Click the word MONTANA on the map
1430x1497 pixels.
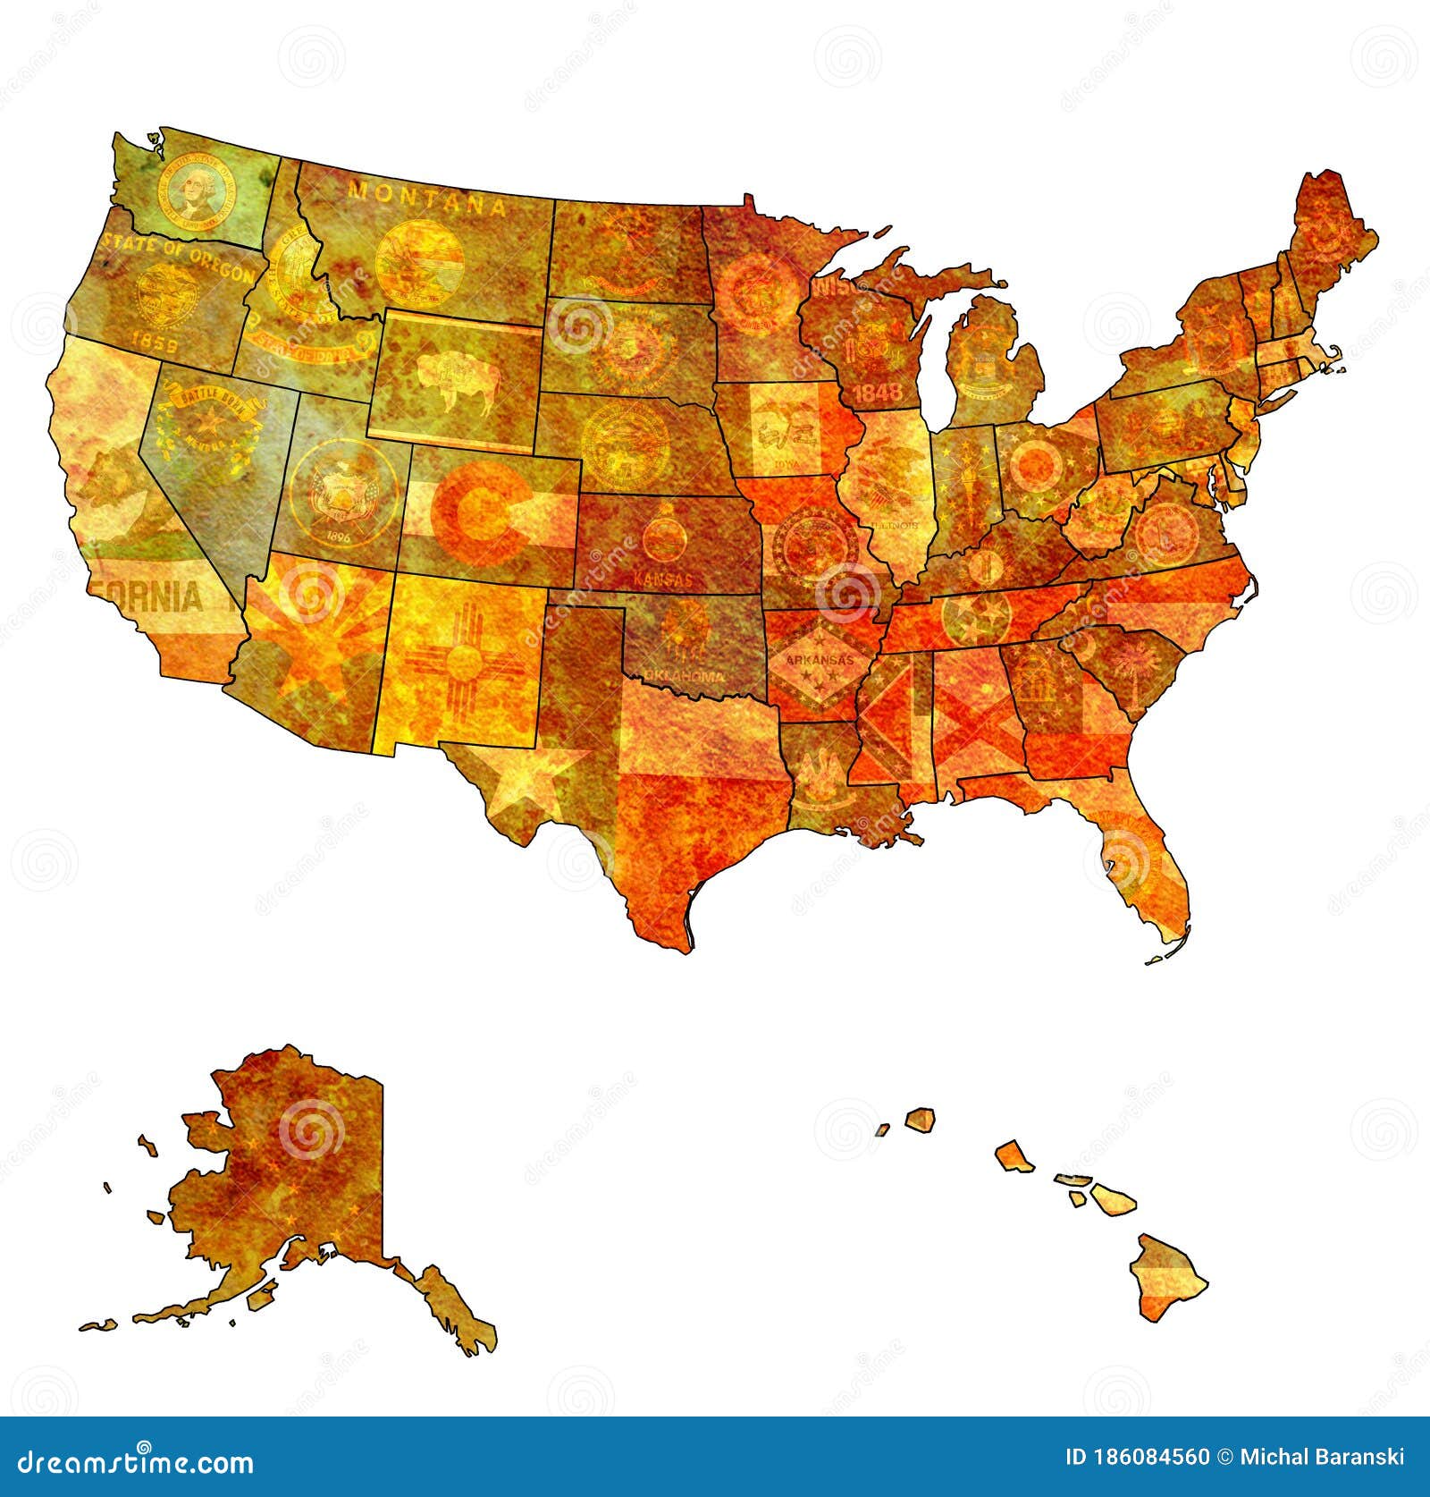427,198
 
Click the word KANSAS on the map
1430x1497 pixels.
661,579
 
